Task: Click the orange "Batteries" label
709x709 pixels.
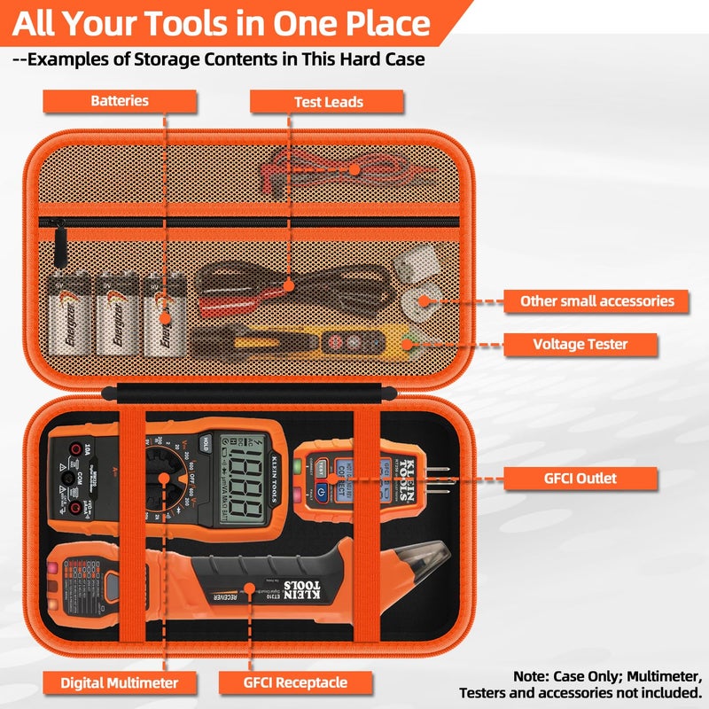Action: tap(120, 101)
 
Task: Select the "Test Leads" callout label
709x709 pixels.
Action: tap(328, 102)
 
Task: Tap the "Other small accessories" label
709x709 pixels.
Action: tap(596, 300)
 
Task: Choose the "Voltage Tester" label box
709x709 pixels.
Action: tap(580, 344)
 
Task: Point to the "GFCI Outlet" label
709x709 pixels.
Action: tap(580, 479)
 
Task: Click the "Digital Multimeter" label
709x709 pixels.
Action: tap(119, 682)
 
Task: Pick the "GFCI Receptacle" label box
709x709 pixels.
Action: tap(295, 682)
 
